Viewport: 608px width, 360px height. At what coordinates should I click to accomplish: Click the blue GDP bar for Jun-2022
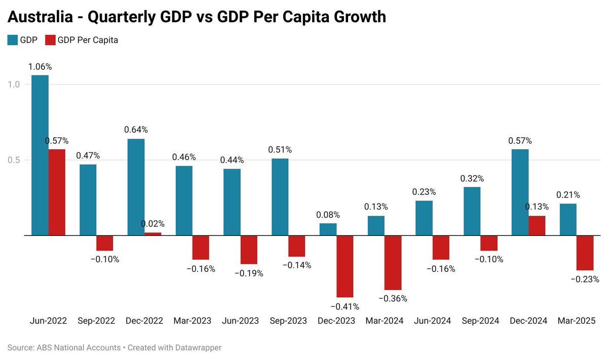pos(40,155)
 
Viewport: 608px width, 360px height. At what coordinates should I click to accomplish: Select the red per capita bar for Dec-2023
pos(345,266)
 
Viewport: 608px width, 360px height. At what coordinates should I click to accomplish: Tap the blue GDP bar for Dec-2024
pos(520,192)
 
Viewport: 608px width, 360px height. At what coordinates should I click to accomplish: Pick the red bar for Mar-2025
pos(585,253)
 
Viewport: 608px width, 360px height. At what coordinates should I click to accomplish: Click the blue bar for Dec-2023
pos(328,229)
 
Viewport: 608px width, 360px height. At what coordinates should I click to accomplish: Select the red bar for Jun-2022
pos(57,192)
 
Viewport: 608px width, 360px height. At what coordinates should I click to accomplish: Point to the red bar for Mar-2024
pos(393,262)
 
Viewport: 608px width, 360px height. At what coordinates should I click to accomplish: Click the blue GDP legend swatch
pos(13,40)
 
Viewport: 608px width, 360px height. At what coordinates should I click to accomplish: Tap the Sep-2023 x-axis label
pos(288,321)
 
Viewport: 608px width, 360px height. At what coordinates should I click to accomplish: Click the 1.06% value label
pos(40,66)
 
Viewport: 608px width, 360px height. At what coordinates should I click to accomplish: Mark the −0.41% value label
pos(345,306)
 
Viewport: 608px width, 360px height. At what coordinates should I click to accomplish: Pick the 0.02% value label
pos(153,224)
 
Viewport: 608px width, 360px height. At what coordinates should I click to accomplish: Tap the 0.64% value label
pos(136,130)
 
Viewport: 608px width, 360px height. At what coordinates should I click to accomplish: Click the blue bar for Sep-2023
pos(280,197)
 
